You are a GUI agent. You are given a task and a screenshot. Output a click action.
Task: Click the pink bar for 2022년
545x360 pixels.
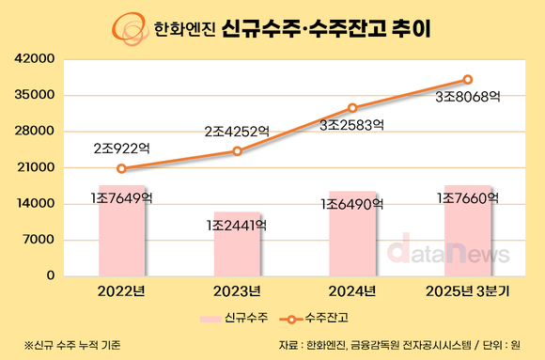click(x=121, y=231)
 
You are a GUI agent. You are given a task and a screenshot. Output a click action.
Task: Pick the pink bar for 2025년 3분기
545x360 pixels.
click(x=468, y=231)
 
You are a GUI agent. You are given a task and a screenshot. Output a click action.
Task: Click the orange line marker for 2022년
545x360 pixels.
click(x=121, y=169)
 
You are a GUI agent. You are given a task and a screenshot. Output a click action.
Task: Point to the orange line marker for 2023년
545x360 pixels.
click(x=237, y=151)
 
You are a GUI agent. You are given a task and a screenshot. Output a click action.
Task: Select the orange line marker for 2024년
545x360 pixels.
click(x=352, y=108)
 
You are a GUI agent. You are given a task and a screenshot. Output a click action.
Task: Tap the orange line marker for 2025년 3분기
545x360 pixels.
click(x=468, y=80)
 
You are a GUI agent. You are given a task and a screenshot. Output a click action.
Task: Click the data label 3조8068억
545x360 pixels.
click(x=468, y=96)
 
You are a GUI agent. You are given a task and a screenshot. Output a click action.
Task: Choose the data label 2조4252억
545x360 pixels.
click(x=237, y=132)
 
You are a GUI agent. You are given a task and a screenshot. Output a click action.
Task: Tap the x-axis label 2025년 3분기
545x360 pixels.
click(x=468, y=290)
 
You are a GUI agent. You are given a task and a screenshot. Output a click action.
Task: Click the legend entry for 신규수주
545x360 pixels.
click(x=236, y=319)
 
